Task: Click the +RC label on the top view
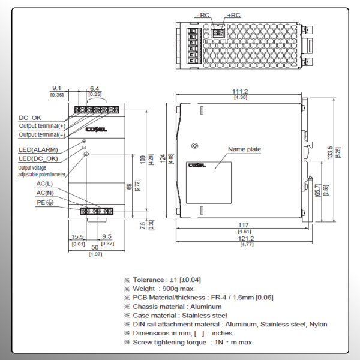coord(234,14)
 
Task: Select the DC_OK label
coord(31,118)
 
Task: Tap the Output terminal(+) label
coord(41,126)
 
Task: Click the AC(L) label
coord(44,184)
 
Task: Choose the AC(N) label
coord(44,193)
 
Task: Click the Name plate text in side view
coord(244,149)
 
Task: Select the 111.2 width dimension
coord(241,91)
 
